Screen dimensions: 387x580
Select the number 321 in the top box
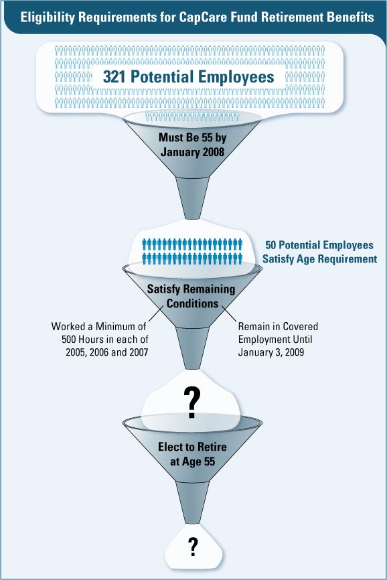[x=115, y=77]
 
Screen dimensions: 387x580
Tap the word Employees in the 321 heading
[x=236, y=77]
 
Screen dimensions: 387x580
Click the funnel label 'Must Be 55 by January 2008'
[x=192, y=145]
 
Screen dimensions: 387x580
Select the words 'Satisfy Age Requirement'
[x=320, y=259]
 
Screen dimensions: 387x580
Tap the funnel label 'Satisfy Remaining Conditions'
[x=191, y=296]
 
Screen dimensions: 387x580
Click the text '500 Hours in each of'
[x=105, y=339]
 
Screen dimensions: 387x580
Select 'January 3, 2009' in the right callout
[x=271, y=352]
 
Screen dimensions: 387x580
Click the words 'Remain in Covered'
[x=278, y=327]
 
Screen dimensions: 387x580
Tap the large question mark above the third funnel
[x=192, y=403]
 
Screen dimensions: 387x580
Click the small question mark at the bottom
[x=193, y=547]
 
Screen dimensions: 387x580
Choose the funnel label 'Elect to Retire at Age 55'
[x=192, y=454]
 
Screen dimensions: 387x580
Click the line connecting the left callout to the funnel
[x=155, y=314]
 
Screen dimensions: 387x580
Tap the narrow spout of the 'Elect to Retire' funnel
[x=192, y=502]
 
